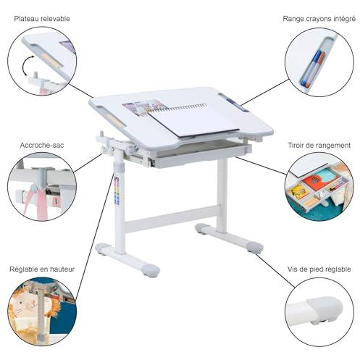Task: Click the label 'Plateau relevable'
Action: [42, 19]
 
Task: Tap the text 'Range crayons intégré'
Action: [319, 19]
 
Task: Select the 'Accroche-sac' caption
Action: [42, 145]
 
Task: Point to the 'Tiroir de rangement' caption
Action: [319, 146]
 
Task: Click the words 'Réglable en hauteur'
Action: [42, 269]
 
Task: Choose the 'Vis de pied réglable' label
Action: [319, 269]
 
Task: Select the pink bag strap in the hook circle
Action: [38, 201]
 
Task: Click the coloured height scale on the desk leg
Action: [117, 191]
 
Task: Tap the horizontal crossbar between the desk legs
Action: [172, 219]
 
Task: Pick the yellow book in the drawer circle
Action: [298, 191]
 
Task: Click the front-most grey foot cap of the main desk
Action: [150, 270]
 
